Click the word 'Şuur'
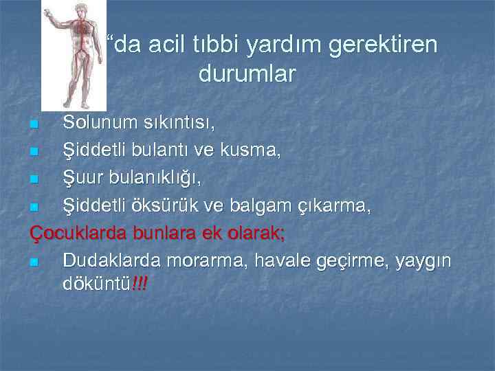pos(83,178)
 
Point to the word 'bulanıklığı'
pos(155,179)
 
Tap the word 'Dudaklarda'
pos(107,260)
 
